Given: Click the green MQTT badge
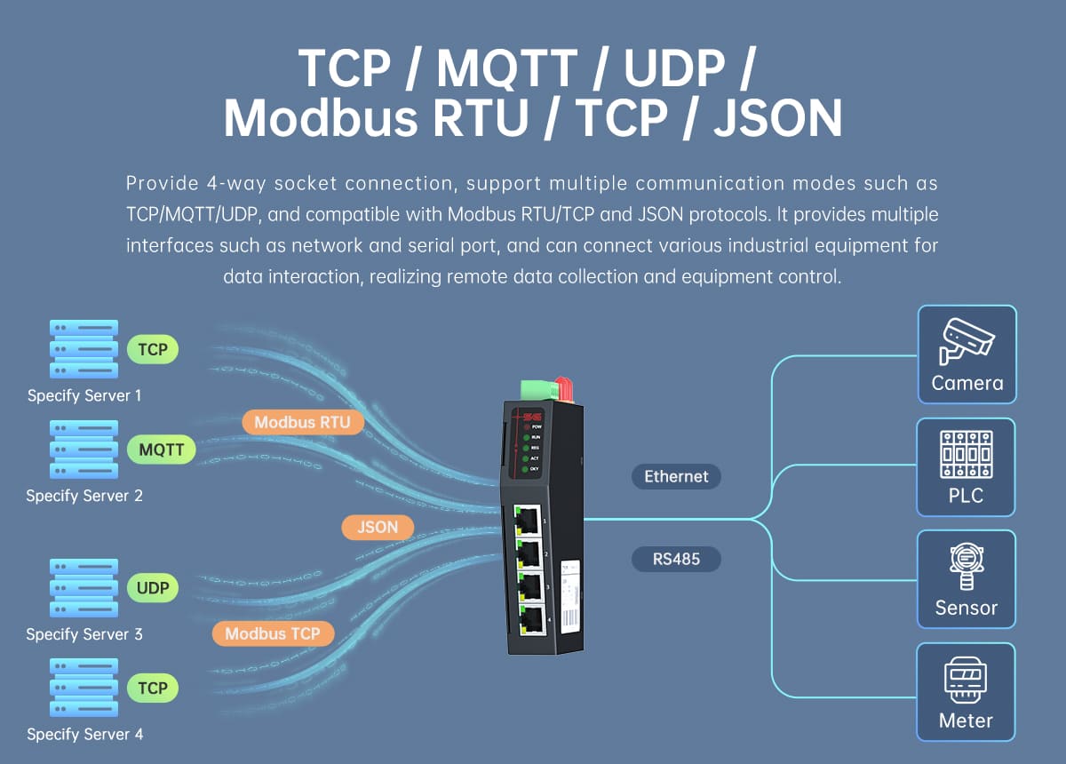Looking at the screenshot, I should [162, 450].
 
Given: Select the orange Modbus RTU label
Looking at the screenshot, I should [302, 422].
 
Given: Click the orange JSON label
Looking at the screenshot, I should [378, 527].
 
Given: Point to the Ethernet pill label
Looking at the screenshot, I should [677, 476].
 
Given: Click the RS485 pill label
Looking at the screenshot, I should [675, 560].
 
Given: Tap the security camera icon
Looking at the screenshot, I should [967, 341].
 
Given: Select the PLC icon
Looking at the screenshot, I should [966, 454].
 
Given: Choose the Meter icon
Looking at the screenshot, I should [966, 680].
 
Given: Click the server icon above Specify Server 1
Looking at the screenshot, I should [84, 349].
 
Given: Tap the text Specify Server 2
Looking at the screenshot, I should [84, 496].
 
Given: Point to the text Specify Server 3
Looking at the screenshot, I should [84, 634].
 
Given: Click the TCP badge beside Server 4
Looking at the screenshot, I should [153, 688].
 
